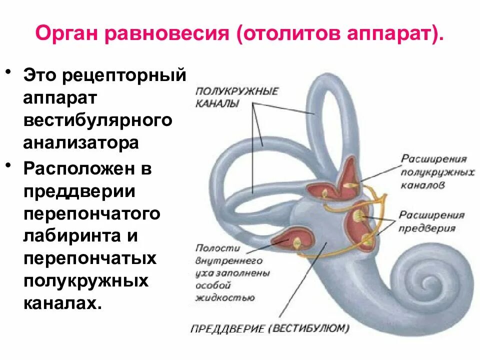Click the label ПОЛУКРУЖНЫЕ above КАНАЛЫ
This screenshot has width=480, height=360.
click(237, 91)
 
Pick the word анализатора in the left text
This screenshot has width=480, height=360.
click(80, 142)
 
